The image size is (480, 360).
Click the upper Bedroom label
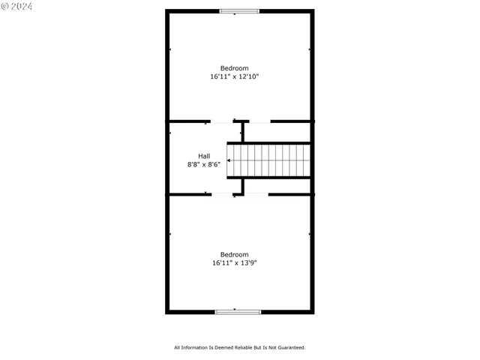[x=234, y=68]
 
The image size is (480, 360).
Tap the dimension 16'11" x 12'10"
[x=234, y=76]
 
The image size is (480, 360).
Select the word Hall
[x=204, y=156]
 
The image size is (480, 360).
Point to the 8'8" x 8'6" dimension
[x=204, y=164]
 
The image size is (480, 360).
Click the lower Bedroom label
[x=234, y=254]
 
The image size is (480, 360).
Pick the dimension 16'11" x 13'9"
[x=234, y=262]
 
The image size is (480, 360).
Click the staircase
[x=270, y=160]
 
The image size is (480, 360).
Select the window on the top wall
[x=239, y=11]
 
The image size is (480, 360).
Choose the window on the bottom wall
[x=238, y=311]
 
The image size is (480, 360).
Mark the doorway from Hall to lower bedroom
[x=223, y=194]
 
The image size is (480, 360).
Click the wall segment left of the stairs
[x=243, y=132]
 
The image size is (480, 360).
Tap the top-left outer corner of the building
[x=166, y=10]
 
